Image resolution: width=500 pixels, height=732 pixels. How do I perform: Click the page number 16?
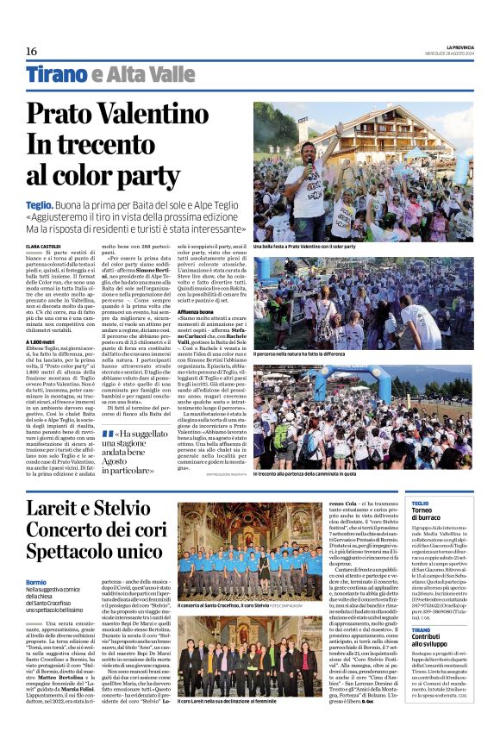click(31, 51)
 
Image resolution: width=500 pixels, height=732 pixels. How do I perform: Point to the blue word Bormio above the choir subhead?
click(37, 583)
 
